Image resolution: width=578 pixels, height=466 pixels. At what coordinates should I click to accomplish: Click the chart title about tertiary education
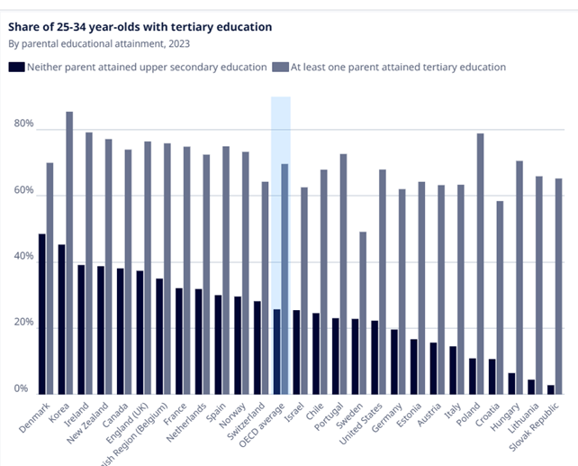pos(140,26)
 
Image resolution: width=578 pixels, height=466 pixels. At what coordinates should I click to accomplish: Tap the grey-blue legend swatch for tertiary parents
pos(280,67)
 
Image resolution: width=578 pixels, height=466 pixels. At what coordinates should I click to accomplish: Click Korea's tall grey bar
pos(69,252)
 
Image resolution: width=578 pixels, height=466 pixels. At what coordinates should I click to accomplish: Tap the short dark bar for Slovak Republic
pos(550,389)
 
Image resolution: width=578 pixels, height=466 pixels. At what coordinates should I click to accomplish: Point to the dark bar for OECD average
pos(276,352)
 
